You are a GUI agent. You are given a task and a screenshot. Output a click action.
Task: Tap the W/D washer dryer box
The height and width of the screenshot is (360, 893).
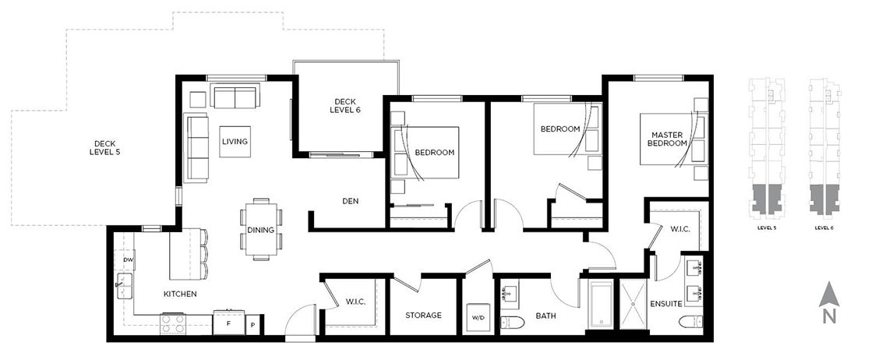[478, 318]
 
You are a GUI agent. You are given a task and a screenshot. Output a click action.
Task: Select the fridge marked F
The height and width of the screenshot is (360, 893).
[228, 323]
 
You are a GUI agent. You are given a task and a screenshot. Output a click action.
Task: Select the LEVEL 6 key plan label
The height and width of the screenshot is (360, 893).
[824, 228]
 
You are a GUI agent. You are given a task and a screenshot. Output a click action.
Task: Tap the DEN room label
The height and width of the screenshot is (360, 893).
[350, 201]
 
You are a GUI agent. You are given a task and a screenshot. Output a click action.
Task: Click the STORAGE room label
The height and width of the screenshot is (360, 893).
[423, 316]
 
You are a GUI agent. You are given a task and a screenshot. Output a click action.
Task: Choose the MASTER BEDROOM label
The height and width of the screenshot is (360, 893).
[669, 139]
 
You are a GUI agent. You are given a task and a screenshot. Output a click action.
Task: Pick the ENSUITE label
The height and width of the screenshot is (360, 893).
[666, 303]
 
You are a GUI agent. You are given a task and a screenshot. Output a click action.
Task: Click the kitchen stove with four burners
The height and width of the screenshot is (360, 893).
[172, 323]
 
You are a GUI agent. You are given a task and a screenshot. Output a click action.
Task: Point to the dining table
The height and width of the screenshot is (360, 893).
[261, 229]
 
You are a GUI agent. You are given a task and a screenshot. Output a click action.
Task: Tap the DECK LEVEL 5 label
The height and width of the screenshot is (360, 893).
[104, 147]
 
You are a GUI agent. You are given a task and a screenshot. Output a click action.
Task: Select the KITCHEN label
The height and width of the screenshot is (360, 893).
[179, 295]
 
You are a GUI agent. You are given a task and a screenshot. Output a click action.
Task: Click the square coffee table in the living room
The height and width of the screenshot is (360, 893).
[234, 141]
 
